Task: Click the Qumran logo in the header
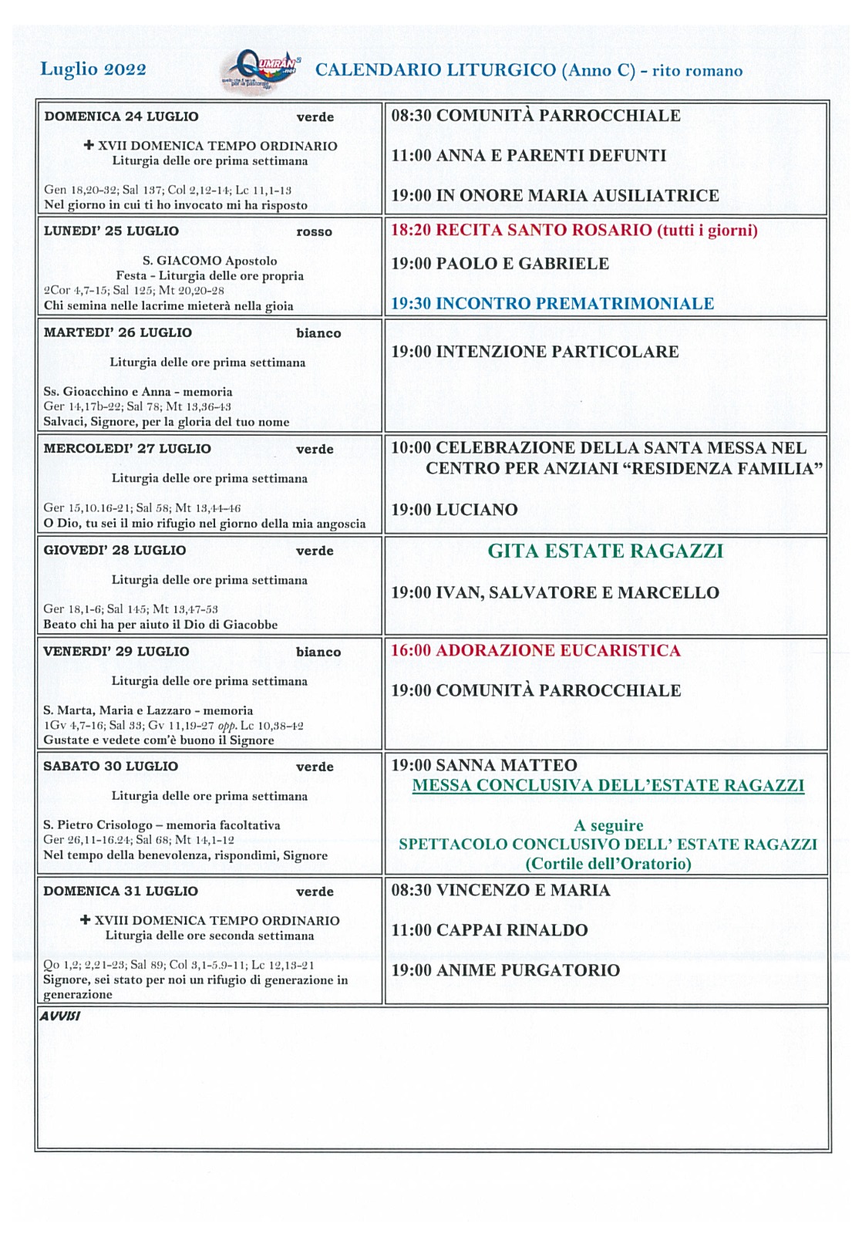click(x=260, y=70)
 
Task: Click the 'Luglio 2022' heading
click(x=93, y=69)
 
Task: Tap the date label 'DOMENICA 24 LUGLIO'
click(x=121, y=116)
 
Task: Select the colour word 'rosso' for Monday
click(x=314, y=231)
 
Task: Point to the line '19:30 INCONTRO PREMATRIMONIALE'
click(x=552, y=303)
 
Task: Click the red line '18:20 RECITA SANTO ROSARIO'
click(x=574, y=230)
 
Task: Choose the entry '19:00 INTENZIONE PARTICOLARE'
click(x=534, y=352)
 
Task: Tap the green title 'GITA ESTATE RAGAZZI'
click(x=605, y=551)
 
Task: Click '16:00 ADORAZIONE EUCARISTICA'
click(x=535, y=650)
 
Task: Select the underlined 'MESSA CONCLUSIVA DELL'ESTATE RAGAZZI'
click(x=608, y=785)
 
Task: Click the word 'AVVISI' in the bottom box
click(x=59, y=1016)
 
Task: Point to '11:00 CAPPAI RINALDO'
click(x=489, y=930)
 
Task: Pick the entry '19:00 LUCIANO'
click(x=454, y=510)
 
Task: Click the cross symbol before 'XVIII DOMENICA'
click(x=86, y=920)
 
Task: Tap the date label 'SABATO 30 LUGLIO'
click(x=110, y=766)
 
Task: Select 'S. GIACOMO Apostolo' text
click(x=210, y=261)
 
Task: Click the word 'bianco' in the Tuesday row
click(x=318, y=333)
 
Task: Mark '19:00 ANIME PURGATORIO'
click(x=505, y=970)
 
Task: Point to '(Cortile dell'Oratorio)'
click(x=608, y=864)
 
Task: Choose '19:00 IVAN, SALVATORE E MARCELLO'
click(x=554, y=592)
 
